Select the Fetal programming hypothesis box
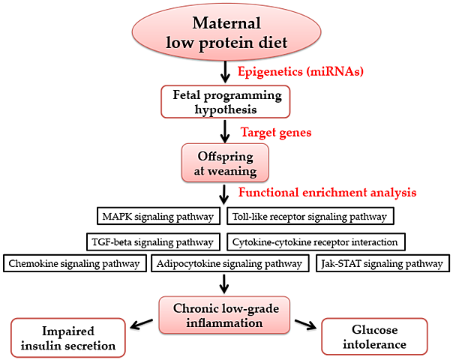pyautogui.click(x=226, y=102)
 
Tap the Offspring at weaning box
pyautogui.click(x=226, y=162)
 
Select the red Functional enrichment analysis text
pyautogui.click(x=327, y=192)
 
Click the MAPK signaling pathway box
pyautogui.click(x=159, y=217)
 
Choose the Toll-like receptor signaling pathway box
pyautogui.click(x=308, y=217)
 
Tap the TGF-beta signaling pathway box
pyautogui.click(x=154, y=241)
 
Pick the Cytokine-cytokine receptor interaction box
pyautogui.click(x=316, y=241)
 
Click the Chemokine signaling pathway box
pyautogui.click(x=74, y=263)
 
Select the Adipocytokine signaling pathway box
pyautogui.click(x=229, y=263)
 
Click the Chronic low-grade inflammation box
pyautogui.click(x=226, y=316)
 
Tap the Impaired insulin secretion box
pyautogui.click(x=68, y=337)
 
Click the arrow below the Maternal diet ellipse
pyautogui.click(x=226, y=72)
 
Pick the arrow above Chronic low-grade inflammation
pyautogui.click(x=226, y=284)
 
